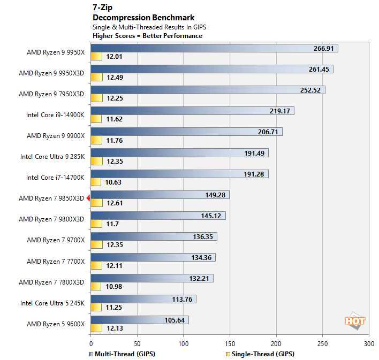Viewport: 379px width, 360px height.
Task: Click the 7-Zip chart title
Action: point(103,9)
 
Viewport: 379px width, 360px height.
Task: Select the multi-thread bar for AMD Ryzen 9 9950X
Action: point(214,48)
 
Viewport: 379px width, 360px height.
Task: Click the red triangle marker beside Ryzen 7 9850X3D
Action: point(88,198)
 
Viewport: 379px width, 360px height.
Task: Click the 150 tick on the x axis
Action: point(230,343)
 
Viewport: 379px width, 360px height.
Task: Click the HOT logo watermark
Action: point(355,321)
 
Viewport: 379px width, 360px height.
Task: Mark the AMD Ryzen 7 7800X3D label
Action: point(51,282)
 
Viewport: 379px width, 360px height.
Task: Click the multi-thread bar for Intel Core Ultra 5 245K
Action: point(143,299)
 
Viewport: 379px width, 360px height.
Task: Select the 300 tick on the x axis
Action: point(368,343)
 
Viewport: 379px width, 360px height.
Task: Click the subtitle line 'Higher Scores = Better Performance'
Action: point(147,36)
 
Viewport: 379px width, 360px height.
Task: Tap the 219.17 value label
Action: point(280,111)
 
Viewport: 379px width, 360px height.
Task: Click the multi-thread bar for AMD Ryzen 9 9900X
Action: point(186,132)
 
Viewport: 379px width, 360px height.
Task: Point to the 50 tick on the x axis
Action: point(137,343)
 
